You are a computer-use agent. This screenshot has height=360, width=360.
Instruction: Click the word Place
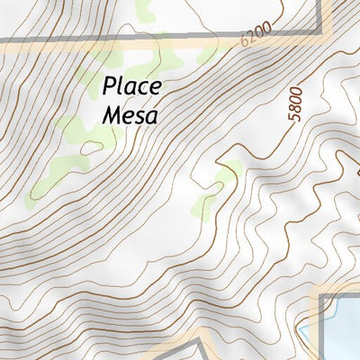131,87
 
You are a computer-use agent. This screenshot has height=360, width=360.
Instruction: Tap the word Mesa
131,114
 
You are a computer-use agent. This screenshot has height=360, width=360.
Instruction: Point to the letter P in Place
109,87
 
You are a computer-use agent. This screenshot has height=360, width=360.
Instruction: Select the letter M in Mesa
112,114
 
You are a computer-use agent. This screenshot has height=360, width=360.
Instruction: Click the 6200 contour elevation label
256,36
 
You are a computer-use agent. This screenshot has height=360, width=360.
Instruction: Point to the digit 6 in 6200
246,41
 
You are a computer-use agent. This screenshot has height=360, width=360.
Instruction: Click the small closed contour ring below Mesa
90,146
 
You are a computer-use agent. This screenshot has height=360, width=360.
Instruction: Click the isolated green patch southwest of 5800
227,171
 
